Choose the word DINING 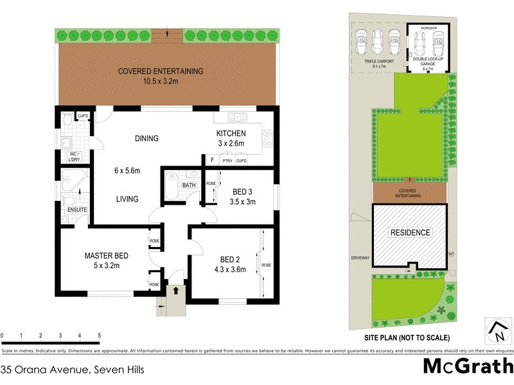point(146,139)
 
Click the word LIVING point(127,199)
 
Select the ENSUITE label point(76,210)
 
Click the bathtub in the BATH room point(170,187)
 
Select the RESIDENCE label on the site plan point(409,232)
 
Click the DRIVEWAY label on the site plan point(360,258)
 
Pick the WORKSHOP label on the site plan point(428,29)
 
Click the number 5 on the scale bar point(99,336)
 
